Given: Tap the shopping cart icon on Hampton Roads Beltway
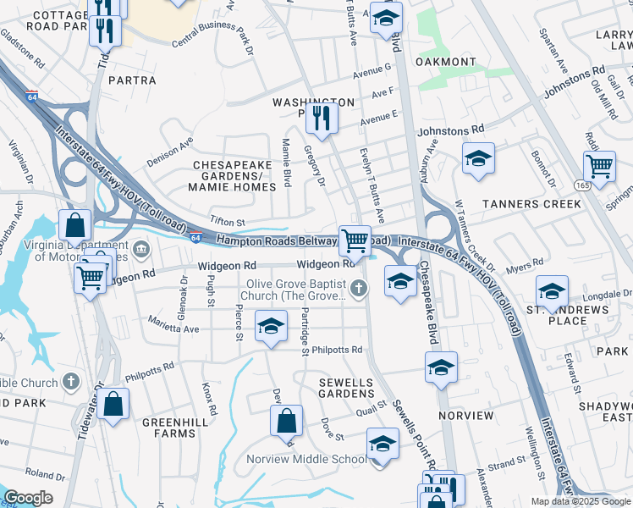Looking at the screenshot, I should click(355, 240).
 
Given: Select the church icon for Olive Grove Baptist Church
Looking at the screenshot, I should click(360, 290).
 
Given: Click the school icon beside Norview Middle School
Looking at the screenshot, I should click(383, 445).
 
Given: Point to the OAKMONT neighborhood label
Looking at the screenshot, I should click(445, 62).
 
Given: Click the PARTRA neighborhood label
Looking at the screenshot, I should click(132, 80).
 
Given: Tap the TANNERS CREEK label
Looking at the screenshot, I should click(531, 204).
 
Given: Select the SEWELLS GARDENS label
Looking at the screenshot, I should click(346, 388).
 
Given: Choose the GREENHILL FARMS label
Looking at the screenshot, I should click(169, 427).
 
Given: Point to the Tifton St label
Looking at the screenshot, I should click(227, 223).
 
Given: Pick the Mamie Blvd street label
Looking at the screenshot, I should click(287, 163).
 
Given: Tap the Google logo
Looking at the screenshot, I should click(29, 498).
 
